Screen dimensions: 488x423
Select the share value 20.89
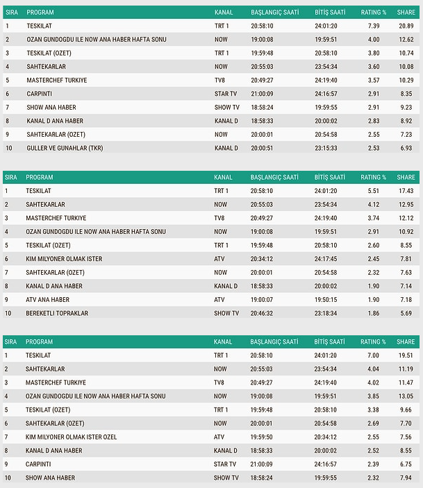(x=406, y=26)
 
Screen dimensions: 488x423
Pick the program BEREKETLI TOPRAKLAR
(x=57, y=314)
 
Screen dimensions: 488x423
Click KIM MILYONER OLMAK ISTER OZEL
(x=71, y=437)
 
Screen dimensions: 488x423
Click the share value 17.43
(x=406, y=191)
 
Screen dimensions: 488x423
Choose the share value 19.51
(x=406, y=355)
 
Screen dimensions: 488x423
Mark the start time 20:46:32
(x=267, y=314)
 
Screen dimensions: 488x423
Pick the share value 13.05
(x=406, y=396)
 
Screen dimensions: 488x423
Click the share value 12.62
(x=406, y=40)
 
